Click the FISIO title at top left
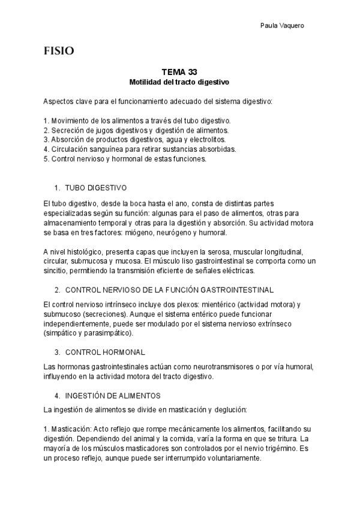pos(59,51)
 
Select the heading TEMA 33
pos(179,71)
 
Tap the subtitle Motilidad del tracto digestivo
pos(179,81)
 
